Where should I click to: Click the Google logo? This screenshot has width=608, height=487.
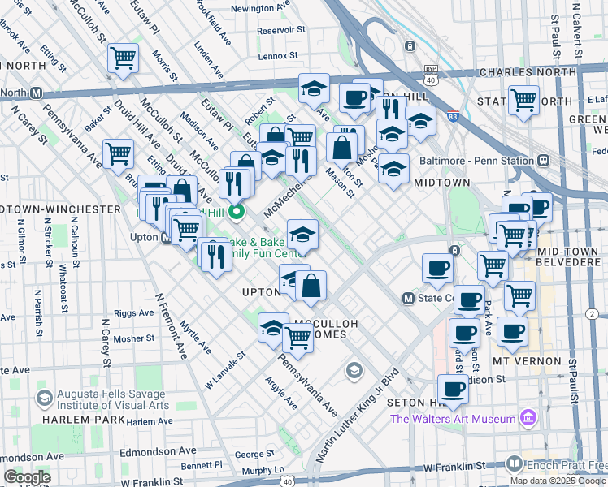coord(27,477)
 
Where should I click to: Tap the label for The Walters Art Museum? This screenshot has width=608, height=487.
coord(453,419)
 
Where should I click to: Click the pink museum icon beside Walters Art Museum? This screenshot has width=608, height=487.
coord(528,418)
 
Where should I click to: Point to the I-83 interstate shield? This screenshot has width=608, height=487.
coord(452,118)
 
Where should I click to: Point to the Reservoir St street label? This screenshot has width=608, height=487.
coord(280,30)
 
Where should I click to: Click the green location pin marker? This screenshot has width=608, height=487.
coord(237,213)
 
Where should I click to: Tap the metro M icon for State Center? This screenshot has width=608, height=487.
coord(409,298)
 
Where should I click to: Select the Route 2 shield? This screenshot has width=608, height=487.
coord(592,314)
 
